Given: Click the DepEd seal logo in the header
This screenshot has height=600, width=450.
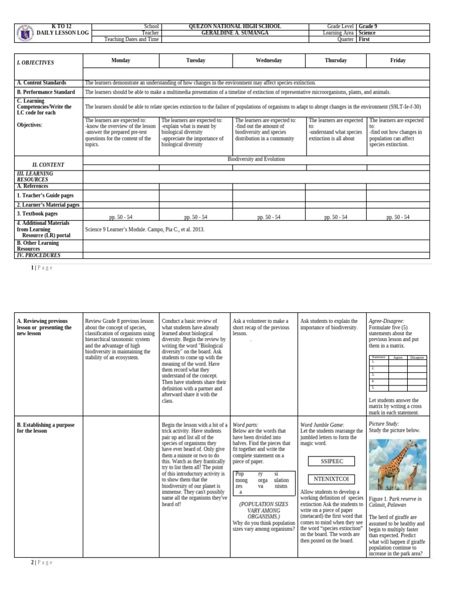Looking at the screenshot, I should click(x=25, y=33).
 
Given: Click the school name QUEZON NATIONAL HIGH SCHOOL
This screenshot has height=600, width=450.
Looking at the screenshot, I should click(x=234, y=26).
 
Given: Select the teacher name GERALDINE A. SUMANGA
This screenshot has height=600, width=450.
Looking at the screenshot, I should click(x=234, y=33).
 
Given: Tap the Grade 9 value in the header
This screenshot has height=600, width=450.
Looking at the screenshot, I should click(x=368, y=26).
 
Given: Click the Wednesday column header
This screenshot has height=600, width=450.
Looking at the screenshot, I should click(x=269, y=60).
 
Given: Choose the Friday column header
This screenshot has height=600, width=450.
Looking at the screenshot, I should click(x=398, y=60).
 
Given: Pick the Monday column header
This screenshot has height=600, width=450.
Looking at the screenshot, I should click(x=121, y=60).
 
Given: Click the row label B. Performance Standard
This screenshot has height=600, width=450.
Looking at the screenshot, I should click(x=46, y=92).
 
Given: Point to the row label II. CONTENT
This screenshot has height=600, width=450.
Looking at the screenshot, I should click(x=48, y=165).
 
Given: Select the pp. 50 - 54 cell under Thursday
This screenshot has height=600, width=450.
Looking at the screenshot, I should click(x=336, y=217).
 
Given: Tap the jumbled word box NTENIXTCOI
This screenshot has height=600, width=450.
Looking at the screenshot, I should click(x=331, y=479).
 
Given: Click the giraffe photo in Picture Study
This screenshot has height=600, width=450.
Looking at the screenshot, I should click(x=397, y=465).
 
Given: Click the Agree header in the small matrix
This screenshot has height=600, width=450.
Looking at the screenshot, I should click(x=398, y=357).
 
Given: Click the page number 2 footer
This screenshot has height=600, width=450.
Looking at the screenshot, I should click(x=32, y=562).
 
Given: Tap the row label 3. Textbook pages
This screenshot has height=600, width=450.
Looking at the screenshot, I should click(x=37, y=214).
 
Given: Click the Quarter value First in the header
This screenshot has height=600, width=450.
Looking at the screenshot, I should click(x=364, y=39).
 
